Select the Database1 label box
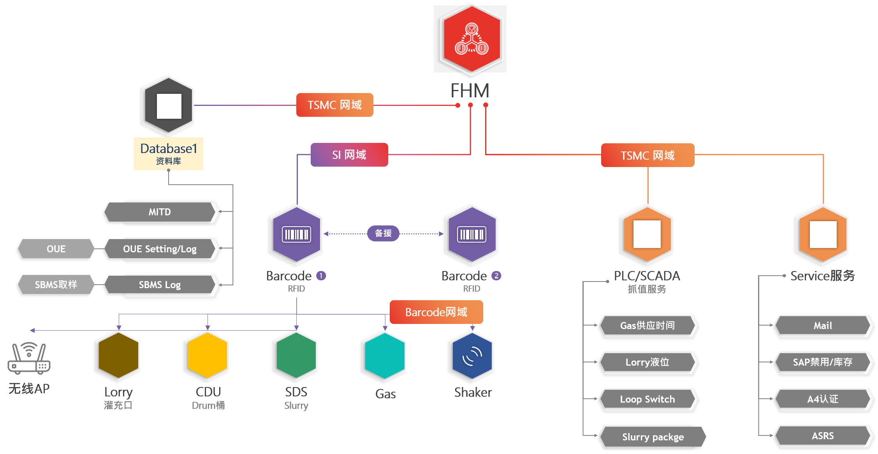coord(169,153)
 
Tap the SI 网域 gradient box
coord(349,155)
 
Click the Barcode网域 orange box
coord(436,312)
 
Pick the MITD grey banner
coord(160,212)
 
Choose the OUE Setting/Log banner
coord(160,249)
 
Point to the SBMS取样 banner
coord(56,285)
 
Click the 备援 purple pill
coord(383,233)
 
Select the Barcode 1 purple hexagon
coord(297,234)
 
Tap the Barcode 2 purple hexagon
coord(472,234)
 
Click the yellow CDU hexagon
coord(208,355)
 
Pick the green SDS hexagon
coord(296,355)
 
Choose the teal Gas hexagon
coord(385,355)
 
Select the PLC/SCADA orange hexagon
coord(648,234)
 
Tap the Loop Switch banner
coord(647,399)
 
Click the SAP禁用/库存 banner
coord(823,362)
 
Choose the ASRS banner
coord(823,436)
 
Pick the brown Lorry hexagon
coord(119,355)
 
